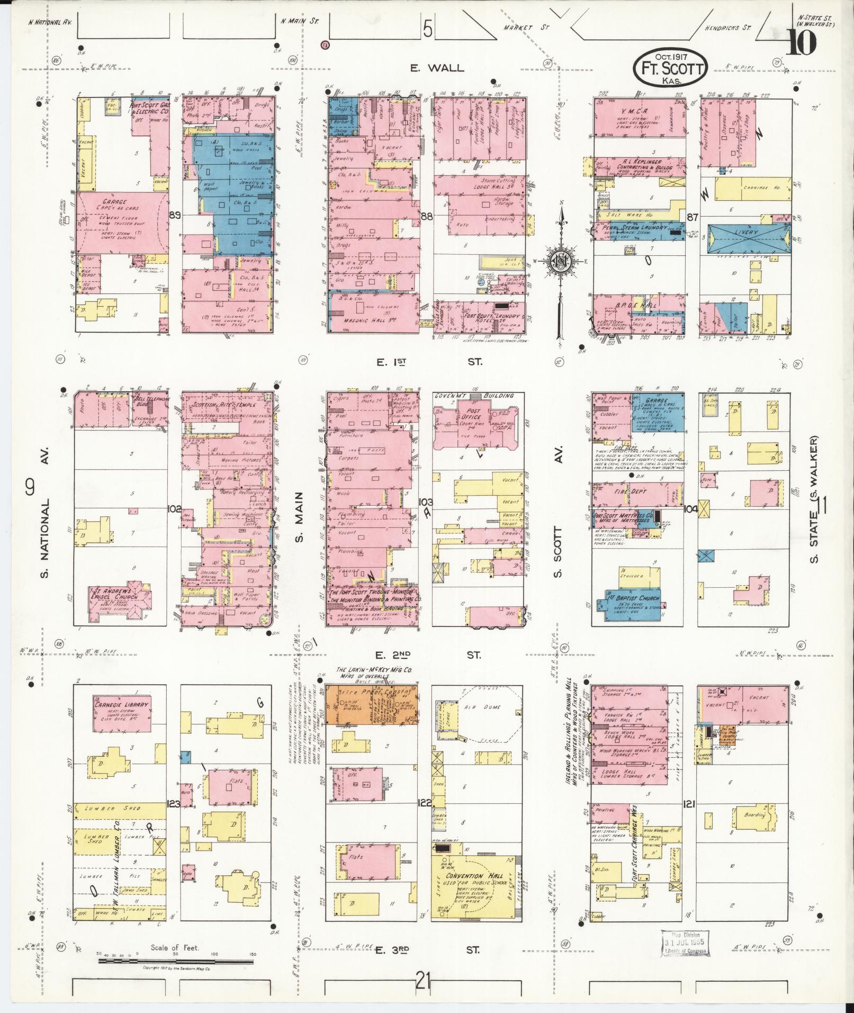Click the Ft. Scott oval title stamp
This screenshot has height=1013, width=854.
pyautogui.click(x=671, y=69)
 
